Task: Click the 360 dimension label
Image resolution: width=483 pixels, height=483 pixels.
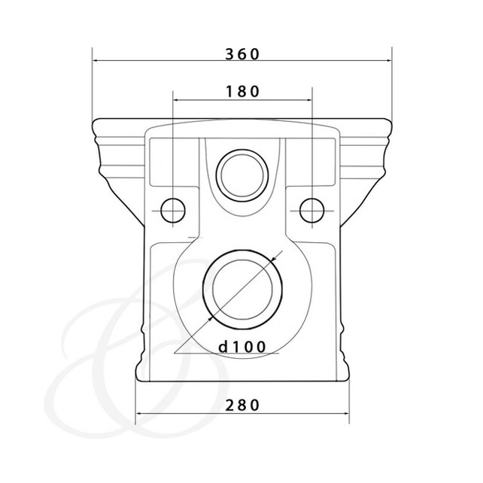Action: tap(242, 54)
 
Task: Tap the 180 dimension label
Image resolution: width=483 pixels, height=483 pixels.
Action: tap(243, 92)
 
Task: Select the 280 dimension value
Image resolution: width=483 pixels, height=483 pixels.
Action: tap(242, 406)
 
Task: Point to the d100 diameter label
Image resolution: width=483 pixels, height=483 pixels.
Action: tap(241, 347)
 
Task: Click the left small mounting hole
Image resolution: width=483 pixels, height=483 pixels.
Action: tap(173, 211)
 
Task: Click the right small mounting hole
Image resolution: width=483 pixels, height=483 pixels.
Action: tap(312, 211)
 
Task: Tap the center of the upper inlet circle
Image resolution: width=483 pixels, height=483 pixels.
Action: tap(242, 175)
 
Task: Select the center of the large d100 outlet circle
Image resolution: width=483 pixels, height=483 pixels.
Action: tap(243, 290)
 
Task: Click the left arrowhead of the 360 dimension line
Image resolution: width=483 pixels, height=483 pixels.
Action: tap(96, 61)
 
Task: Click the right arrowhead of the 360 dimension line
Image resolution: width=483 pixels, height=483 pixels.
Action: tap(389, 61)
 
